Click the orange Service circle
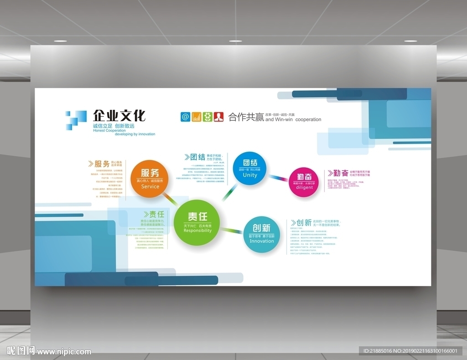[x=150, y=179]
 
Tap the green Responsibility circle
[x=197, y=222]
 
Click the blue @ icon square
[x=185, y=117]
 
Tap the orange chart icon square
[x=197, y=117]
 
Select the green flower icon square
[x=208, y=117]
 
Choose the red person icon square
[x=219, y=117]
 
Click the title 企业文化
[x=119, y=116]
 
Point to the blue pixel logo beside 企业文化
[x=75, y=120]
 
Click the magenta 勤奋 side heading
[x=338, y=173]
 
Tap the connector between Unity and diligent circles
[x=278, y=177]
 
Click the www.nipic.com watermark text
[x=64, y=351]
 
